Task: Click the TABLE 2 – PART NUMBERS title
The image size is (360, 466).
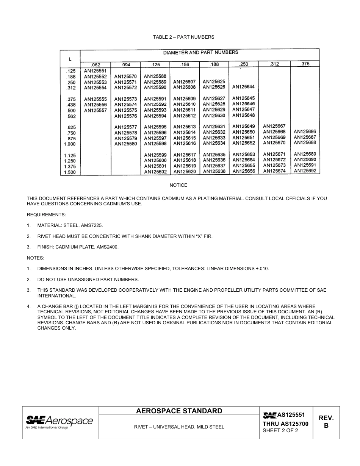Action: point(183,37)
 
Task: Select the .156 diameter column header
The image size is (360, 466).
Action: point(185,64)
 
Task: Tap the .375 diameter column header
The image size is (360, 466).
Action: point(305,64)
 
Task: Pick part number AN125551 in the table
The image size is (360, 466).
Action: point(95,71)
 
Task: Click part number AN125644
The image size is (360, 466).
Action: point(243,87)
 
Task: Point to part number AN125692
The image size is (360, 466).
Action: point(305,171)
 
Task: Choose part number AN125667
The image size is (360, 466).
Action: point(274,126)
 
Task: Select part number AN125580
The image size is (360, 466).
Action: point(125,144)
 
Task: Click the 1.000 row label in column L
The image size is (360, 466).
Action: point(70,144)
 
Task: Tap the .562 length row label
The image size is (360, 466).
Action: point(71,117)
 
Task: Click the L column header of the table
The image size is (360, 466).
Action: point(70,59)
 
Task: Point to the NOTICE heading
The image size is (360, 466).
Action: point(178,185)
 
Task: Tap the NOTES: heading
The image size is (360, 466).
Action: point(35,258)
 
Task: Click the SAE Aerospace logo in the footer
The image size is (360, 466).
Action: point(59,422)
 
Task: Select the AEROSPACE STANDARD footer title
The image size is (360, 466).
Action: point(179,411)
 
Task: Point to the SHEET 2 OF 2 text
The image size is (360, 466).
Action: point(280,431)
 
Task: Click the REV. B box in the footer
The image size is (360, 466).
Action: point(326,422)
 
